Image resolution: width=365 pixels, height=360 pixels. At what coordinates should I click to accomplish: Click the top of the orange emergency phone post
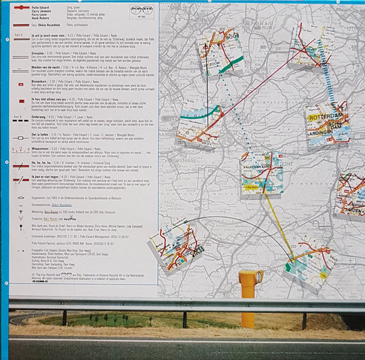point(251,275)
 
